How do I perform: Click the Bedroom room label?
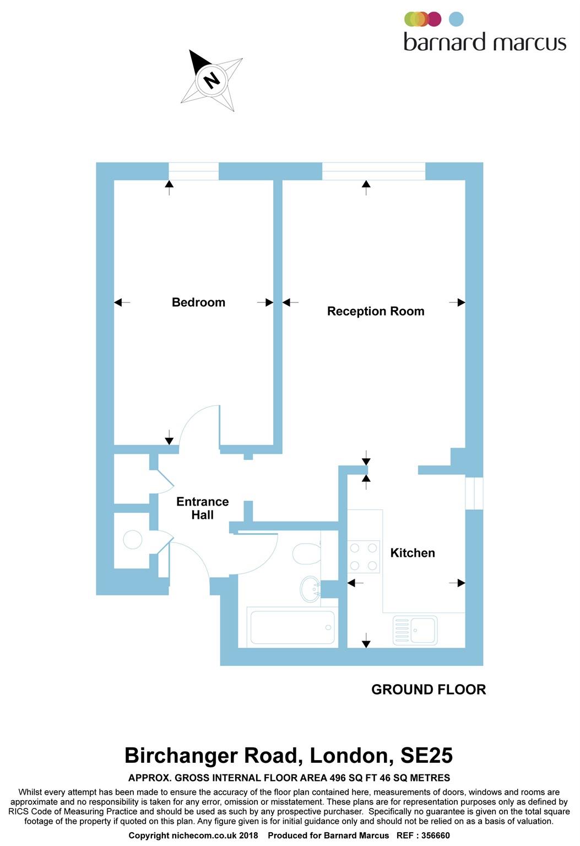point(198,302)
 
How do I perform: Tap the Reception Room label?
point(376,311)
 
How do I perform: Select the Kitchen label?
point(413,553)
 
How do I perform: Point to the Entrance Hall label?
point(202,508)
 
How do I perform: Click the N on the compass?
point(212,80)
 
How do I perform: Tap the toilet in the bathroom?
point(306,554)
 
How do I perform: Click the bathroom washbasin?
point(310,589)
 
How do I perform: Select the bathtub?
point(292,627)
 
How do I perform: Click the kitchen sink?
point(415,630)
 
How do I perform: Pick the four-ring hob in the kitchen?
point(364,557)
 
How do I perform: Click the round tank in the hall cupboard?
point(133,539)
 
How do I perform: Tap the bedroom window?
point(193,171)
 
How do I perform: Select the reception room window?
point(373,171)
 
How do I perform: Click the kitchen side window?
point(474,493)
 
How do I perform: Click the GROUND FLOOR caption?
point(429,690)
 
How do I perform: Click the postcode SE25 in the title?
point(426,755)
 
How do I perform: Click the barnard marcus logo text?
point(485,42)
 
